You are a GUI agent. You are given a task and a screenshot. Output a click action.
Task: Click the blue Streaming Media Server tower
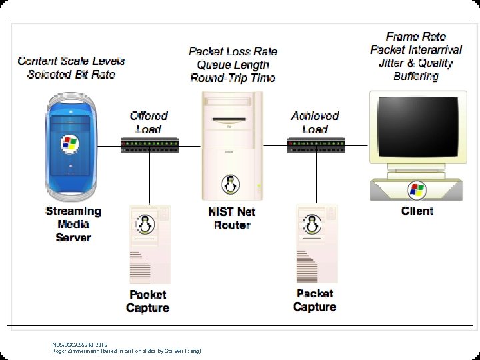click(x=69, y=147)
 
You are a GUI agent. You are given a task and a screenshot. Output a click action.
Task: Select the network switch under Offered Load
click(x=149, y=144)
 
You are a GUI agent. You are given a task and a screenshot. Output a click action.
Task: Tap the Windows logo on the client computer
click(x=417, y=190)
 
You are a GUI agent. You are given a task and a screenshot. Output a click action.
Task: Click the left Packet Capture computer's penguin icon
click(x=142, y=225)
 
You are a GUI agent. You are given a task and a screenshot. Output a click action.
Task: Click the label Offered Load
click(x=149, y=123)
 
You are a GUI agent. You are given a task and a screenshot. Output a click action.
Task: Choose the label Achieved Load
click(x=315, y=123)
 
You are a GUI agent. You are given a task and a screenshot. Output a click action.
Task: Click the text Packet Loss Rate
click(x=233, y=51)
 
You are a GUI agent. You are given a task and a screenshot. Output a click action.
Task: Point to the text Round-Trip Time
click(x=233, y=78)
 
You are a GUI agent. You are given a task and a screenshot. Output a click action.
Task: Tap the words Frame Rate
click(x=416, y=37)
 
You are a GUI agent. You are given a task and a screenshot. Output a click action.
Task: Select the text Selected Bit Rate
click(x=71, y=74)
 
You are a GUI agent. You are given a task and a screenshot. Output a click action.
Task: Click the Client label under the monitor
click(x=417, y=211)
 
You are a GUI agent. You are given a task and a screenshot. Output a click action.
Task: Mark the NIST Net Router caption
click(x=231, y=219)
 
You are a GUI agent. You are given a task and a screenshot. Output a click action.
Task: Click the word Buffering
click(x=416, y=77)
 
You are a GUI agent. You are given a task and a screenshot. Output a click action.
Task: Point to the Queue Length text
click(x=233, y=65)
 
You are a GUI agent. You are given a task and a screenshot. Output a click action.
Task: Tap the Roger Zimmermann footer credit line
click(x=127, y=351)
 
